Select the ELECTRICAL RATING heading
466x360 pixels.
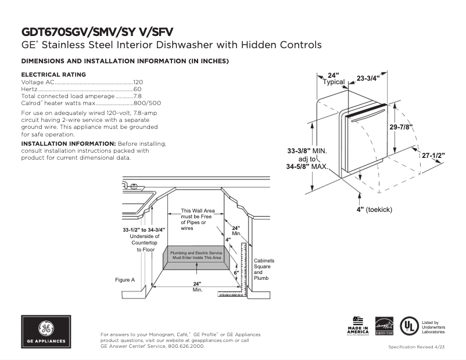53,74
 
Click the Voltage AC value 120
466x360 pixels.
138,82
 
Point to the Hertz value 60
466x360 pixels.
138,89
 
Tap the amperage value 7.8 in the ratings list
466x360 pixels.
138,96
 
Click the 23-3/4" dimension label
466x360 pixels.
368,78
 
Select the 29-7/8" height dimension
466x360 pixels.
401,127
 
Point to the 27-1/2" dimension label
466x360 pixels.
433,156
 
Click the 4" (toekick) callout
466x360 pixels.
375,208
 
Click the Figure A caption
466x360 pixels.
125,280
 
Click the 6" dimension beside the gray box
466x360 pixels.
236,272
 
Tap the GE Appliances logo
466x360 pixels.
46,332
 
